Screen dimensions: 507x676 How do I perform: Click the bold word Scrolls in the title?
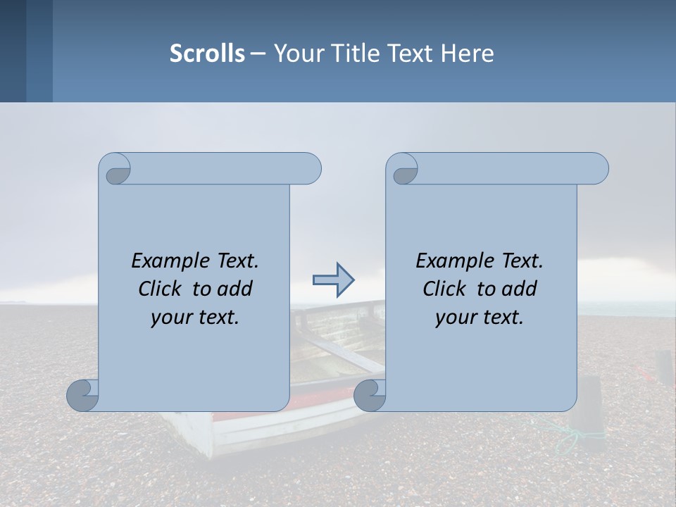[x=207, y=54]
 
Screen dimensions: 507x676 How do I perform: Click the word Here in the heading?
[x=467, y=54]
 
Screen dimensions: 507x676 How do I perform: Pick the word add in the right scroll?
[x=520, y=289]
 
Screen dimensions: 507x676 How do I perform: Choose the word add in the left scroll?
[x=235, y=289]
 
